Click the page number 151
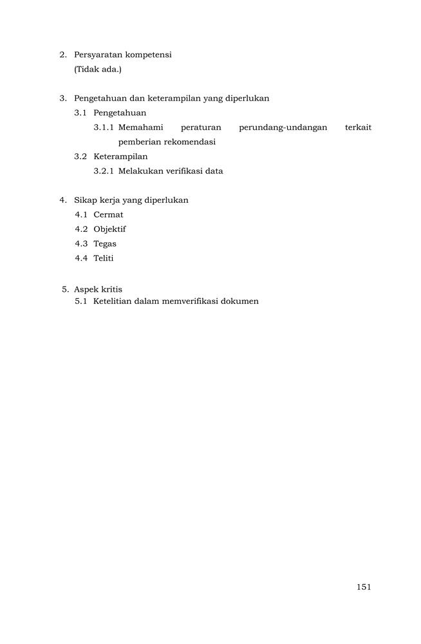click(x=363, y=587)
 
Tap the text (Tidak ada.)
click(x=98, y=69)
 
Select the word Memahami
click(x=140, y=128)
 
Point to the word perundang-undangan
click(x=283, y=128)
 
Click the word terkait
click(x=358, y=128)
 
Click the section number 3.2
click(x=80, y=156)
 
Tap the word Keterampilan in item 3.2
click(x=120, y=156)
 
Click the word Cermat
click(x=108, y=214)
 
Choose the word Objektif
click(x=109, y=229)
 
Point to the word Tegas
click(x=105, y=244)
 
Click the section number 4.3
click(x=80, y=244)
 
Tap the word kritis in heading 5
click(x=110, y=289)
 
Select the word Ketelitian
click(x=112, y=301)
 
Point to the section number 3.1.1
click(x=104, y=128)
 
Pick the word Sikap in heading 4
click(x=85, y=200)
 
